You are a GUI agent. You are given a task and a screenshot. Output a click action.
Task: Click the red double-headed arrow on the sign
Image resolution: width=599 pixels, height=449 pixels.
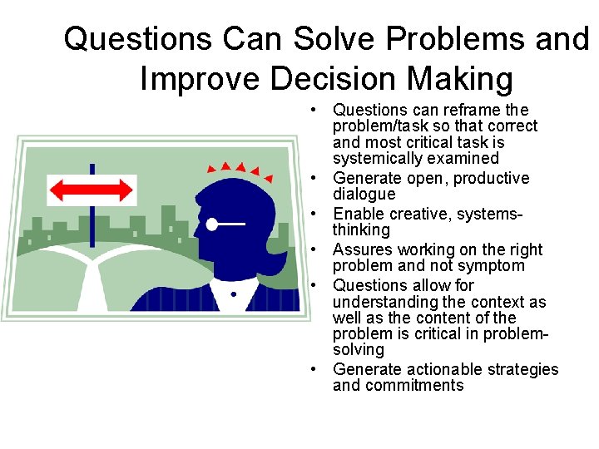pyautogui.click(x=92, y=189)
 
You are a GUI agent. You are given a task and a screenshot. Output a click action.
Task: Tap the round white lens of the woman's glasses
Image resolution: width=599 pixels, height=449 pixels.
pyautogui.click(x=212, y=224)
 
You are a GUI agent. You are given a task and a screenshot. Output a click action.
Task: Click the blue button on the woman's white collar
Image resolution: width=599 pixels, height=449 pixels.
pyautogui.click(x=234, y=294)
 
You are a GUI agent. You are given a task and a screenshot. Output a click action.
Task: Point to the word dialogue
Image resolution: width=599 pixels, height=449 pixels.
pyautogui.click(x=364, y=194)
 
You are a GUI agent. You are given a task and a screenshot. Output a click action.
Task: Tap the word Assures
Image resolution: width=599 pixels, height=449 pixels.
pyautogui.click(x=361, y=249)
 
